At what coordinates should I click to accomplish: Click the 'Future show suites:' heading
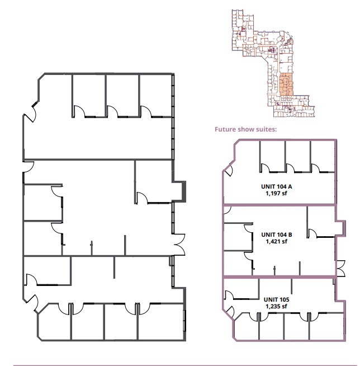246,129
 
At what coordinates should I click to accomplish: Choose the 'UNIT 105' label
276,299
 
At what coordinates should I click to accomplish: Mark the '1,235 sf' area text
276,306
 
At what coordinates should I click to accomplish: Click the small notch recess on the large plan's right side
178,190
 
